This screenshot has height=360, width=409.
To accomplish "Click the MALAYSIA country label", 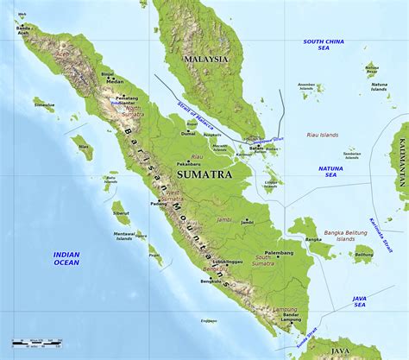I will click(x=206, y=59).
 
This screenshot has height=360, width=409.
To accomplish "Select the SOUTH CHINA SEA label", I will click(x=324, y=45).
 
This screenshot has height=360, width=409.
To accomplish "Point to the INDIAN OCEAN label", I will click(x=66, y=258).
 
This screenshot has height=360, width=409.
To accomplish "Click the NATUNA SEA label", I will click(x=329, y=171).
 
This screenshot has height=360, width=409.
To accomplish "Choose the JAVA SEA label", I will click(x=359, y=301).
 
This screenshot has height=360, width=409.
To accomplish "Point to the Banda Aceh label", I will click(x=23, y=31).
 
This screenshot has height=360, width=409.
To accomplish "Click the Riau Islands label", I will click(x=324, y=135).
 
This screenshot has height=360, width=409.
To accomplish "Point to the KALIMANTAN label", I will click(x=402, y=163).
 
